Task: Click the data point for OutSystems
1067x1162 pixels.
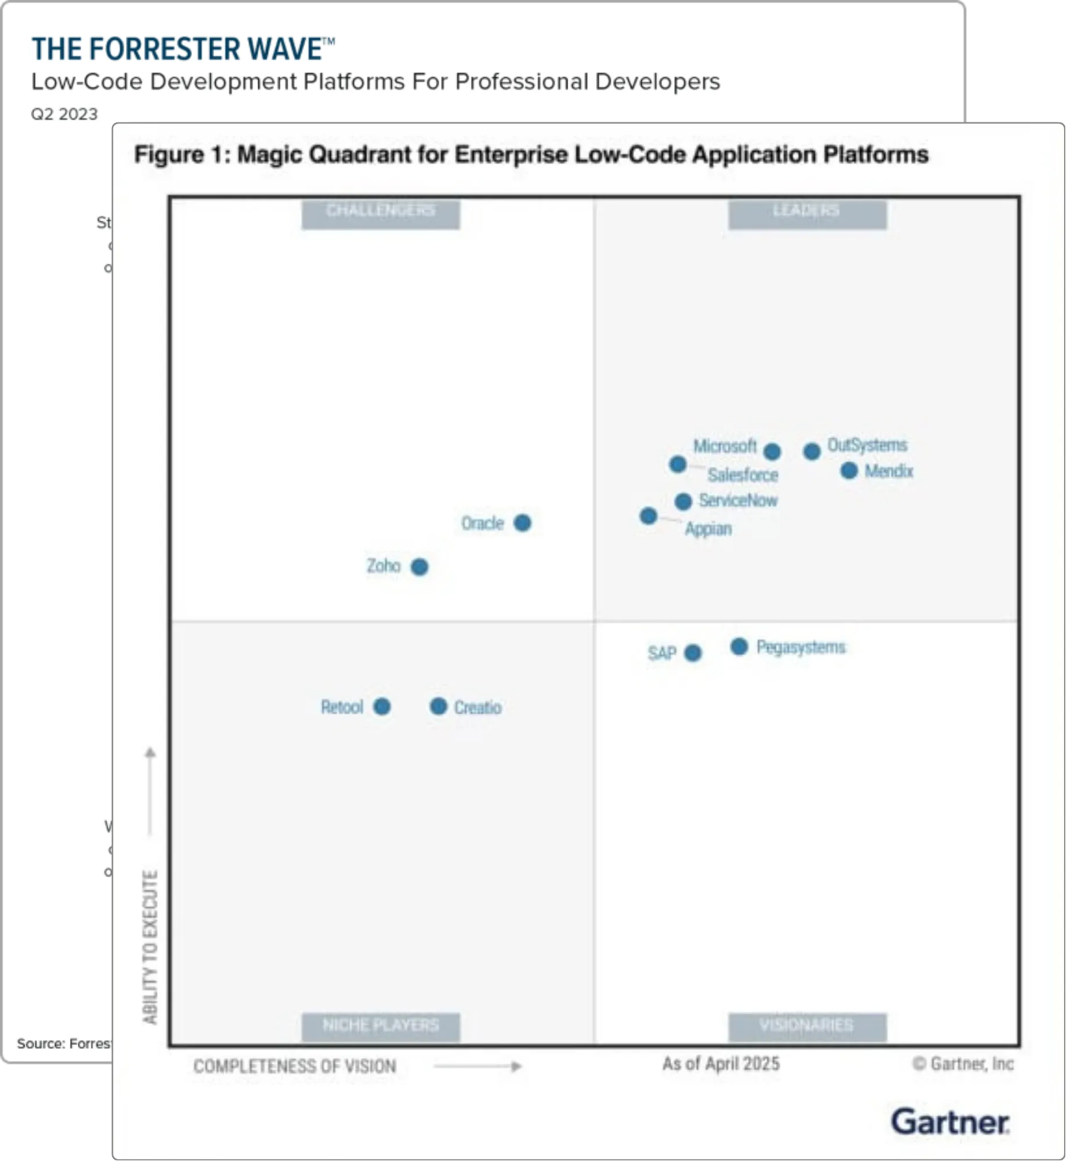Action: click(x=812, y=451)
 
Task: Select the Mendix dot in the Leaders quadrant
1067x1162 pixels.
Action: click(x=849, y=471)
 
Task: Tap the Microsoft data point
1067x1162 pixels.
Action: click(x=772, y=451)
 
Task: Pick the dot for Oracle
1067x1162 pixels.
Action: click(x=522, y=523)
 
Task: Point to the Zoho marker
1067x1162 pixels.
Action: click(x=419, y=567)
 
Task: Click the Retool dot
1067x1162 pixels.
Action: click(x=382, y=707)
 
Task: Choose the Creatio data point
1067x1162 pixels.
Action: click(x=439, y=706)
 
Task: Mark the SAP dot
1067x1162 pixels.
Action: click(x=693, y=653)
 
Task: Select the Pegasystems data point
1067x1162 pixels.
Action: click(x=739, y=647)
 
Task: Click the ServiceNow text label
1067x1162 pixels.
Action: click(x=738, y=500)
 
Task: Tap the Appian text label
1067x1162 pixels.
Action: click(x=708, y=529)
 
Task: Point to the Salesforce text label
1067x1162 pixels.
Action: click(x=743, y=475)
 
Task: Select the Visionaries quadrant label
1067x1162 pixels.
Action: click(x=807, y=1026)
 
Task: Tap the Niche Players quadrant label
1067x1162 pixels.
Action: click(x=381, y=1026)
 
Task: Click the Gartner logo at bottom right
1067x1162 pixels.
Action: click(x=950, y=1122)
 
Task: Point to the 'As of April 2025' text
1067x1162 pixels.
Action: click(x=721, y=1063)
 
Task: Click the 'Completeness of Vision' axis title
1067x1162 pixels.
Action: click(x=295, y=1066)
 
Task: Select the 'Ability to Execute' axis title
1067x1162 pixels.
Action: click(x=150, y=947)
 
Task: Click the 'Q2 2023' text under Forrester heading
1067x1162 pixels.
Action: click(x=64, y=114)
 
